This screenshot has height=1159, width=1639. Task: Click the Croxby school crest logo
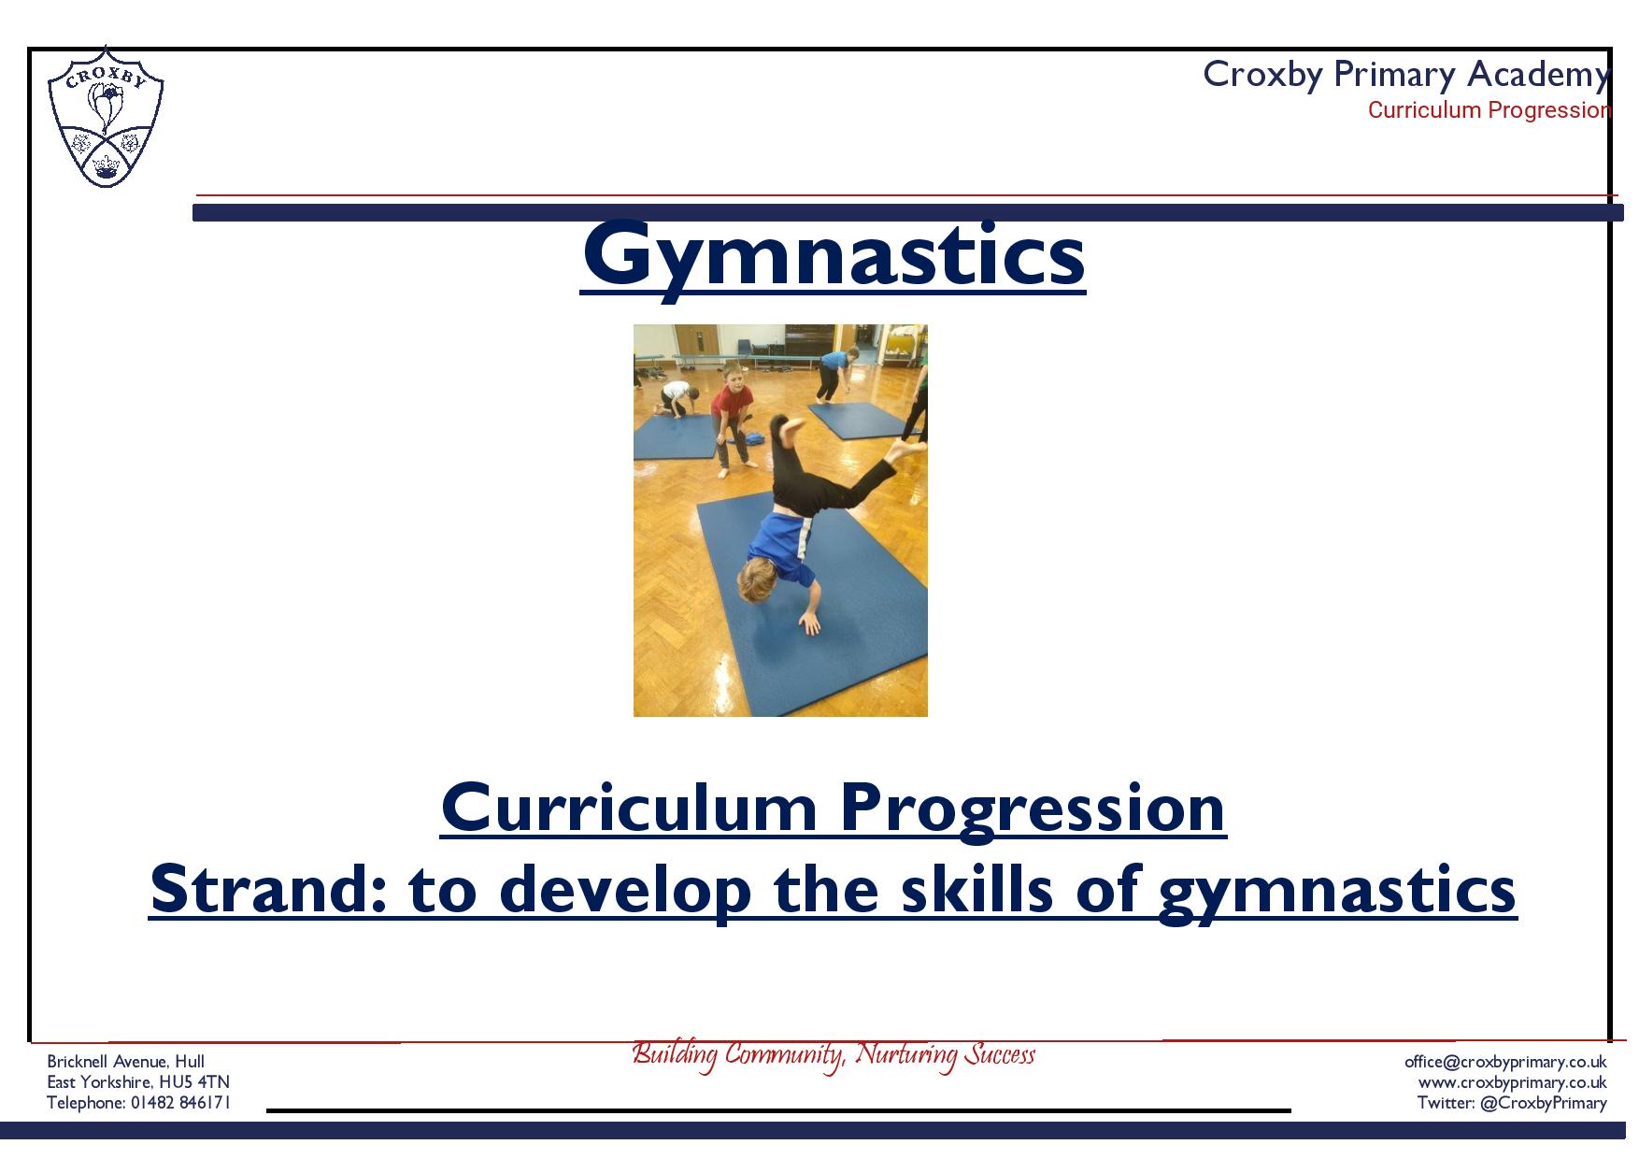pos(106,117)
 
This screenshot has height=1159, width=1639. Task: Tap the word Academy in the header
pos(1538,74)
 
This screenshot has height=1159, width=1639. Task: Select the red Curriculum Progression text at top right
pos(1489,110)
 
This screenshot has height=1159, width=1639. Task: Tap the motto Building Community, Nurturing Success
pos(834,1055)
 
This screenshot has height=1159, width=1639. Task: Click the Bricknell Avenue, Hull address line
pos(126,1062)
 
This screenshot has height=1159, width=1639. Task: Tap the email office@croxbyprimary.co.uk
pos(1505,1062)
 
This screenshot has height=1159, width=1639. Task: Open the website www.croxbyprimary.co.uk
pos(1513,1082)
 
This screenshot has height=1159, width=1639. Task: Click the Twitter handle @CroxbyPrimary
pos(1544,1103)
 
